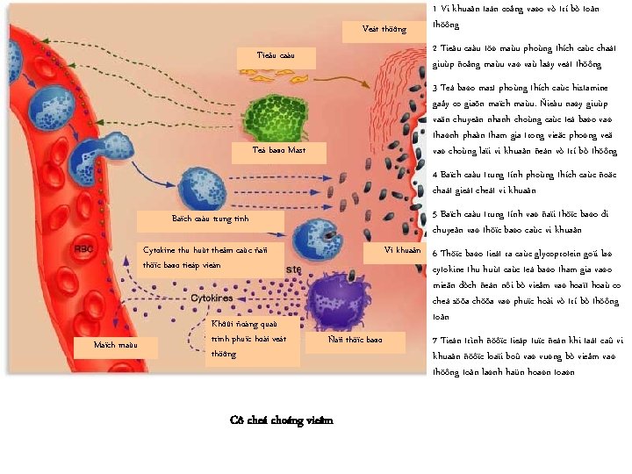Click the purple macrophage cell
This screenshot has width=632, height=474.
click(x=338, y=294)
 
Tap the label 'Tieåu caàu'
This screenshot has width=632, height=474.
click(x=275, y=56)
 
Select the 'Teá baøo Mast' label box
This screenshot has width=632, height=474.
click(x=278, y=150)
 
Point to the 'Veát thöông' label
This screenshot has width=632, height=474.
click(x=384, y=29)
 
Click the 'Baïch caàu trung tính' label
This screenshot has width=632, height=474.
click(x=211, y=219)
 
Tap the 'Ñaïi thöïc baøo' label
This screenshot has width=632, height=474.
click(x=355, y=339)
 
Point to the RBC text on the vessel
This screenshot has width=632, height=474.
click(x=84, y=248)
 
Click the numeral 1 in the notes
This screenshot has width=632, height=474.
click(x=435, y=9)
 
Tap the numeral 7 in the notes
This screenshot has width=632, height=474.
click(x=435, y=340)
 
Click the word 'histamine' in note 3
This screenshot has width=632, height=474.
click(x=578, y=88)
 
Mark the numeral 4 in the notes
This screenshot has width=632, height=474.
click(x=435, y=174)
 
